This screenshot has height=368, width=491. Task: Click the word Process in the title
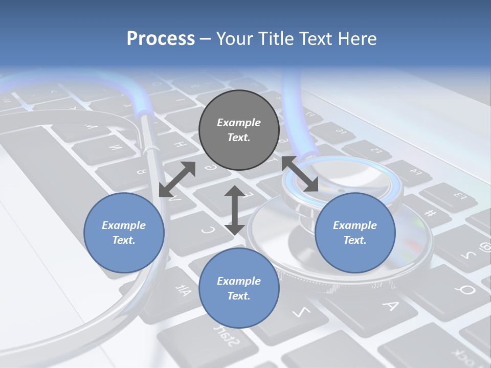pos(161,38)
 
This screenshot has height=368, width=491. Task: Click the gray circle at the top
pos(239,130)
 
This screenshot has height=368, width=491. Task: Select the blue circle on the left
pos(124,233)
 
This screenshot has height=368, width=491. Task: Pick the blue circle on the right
pos(355,233)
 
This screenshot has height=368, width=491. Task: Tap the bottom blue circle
pos(239,288)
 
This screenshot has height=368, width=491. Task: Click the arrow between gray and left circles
pos(177,179)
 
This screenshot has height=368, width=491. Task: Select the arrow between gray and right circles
pos(300,174)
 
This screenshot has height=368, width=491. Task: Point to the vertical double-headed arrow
pos(235,210)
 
